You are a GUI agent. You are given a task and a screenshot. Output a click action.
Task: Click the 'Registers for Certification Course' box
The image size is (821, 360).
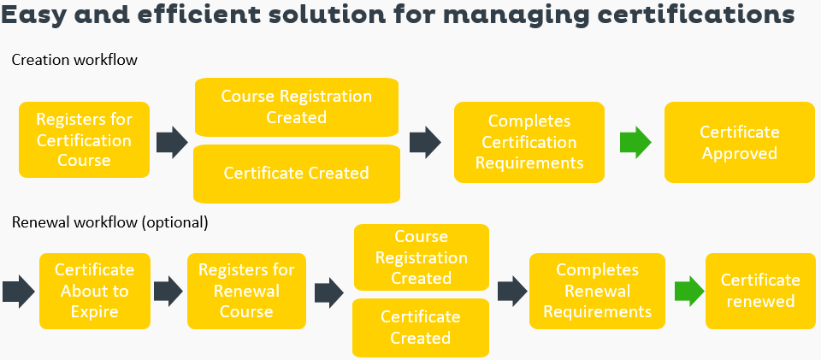click(83, 140)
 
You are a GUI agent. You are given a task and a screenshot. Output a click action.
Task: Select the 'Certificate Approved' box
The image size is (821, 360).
click(739, 142)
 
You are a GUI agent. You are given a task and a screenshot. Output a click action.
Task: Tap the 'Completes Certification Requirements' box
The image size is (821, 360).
click(529, 142)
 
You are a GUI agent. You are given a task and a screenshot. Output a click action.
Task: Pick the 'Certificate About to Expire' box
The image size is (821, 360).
click(94, 291)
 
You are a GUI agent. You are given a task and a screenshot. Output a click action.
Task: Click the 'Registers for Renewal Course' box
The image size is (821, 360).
click(245, 291)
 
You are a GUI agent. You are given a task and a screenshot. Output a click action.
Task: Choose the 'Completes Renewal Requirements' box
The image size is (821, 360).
click(597, 291)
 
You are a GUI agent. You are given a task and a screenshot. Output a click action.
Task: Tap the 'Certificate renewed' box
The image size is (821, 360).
click(759, 291)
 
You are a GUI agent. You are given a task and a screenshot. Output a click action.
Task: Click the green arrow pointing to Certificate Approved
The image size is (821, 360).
click(635, 141)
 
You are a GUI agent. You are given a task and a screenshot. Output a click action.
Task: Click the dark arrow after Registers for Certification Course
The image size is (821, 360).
click(172, 141)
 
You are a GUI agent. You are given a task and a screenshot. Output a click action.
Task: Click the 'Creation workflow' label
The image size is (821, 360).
click(74, 60)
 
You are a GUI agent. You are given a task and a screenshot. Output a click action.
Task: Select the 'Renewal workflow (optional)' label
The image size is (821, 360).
click(109, 222)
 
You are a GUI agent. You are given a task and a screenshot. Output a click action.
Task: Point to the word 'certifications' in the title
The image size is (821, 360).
click(706, 16)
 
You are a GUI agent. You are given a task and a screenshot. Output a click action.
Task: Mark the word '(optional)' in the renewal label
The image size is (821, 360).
click(174, 222)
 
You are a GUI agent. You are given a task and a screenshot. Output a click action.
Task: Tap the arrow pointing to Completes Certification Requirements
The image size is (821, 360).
click(426, 141)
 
